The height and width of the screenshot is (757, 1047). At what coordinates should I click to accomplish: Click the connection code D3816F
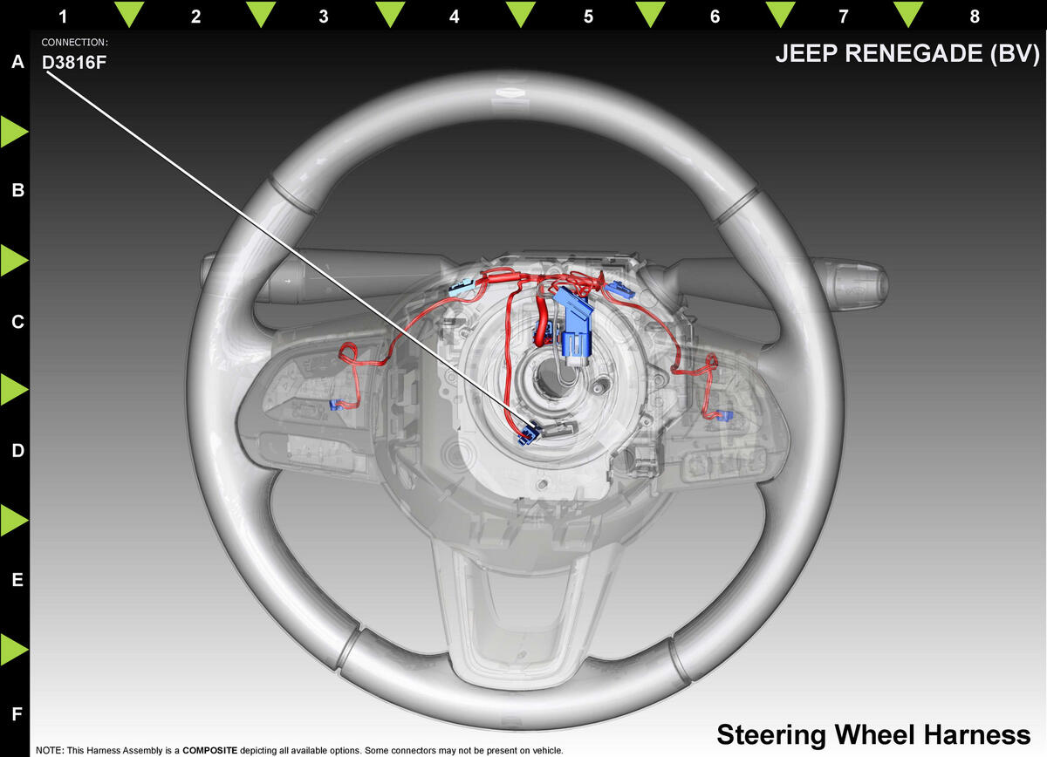click(74, 62)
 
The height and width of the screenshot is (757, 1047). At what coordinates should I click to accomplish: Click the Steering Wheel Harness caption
click(872, 733)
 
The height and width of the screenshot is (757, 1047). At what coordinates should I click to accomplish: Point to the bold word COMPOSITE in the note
click(209, 750)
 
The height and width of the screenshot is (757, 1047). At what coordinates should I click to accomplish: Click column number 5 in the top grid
click(588, 16)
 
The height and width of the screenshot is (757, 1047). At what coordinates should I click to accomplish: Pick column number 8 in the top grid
click(974, 16)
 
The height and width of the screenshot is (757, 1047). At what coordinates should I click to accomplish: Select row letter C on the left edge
click(17, 322)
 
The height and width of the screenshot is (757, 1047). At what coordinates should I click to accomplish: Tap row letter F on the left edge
click(17, 713)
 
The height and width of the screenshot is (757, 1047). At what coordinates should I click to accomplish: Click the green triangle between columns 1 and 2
click(129, 14)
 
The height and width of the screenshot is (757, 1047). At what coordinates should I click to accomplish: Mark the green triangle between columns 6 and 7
click(779, 14)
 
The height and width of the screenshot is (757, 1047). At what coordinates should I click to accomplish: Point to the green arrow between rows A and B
click(14, 132)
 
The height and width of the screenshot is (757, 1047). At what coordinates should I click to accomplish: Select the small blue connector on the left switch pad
click(333, 405)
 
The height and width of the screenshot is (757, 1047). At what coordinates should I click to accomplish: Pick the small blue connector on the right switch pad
click(722, 413)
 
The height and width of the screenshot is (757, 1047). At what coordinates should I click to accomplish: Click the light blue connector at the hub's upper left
click(460, 287)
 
